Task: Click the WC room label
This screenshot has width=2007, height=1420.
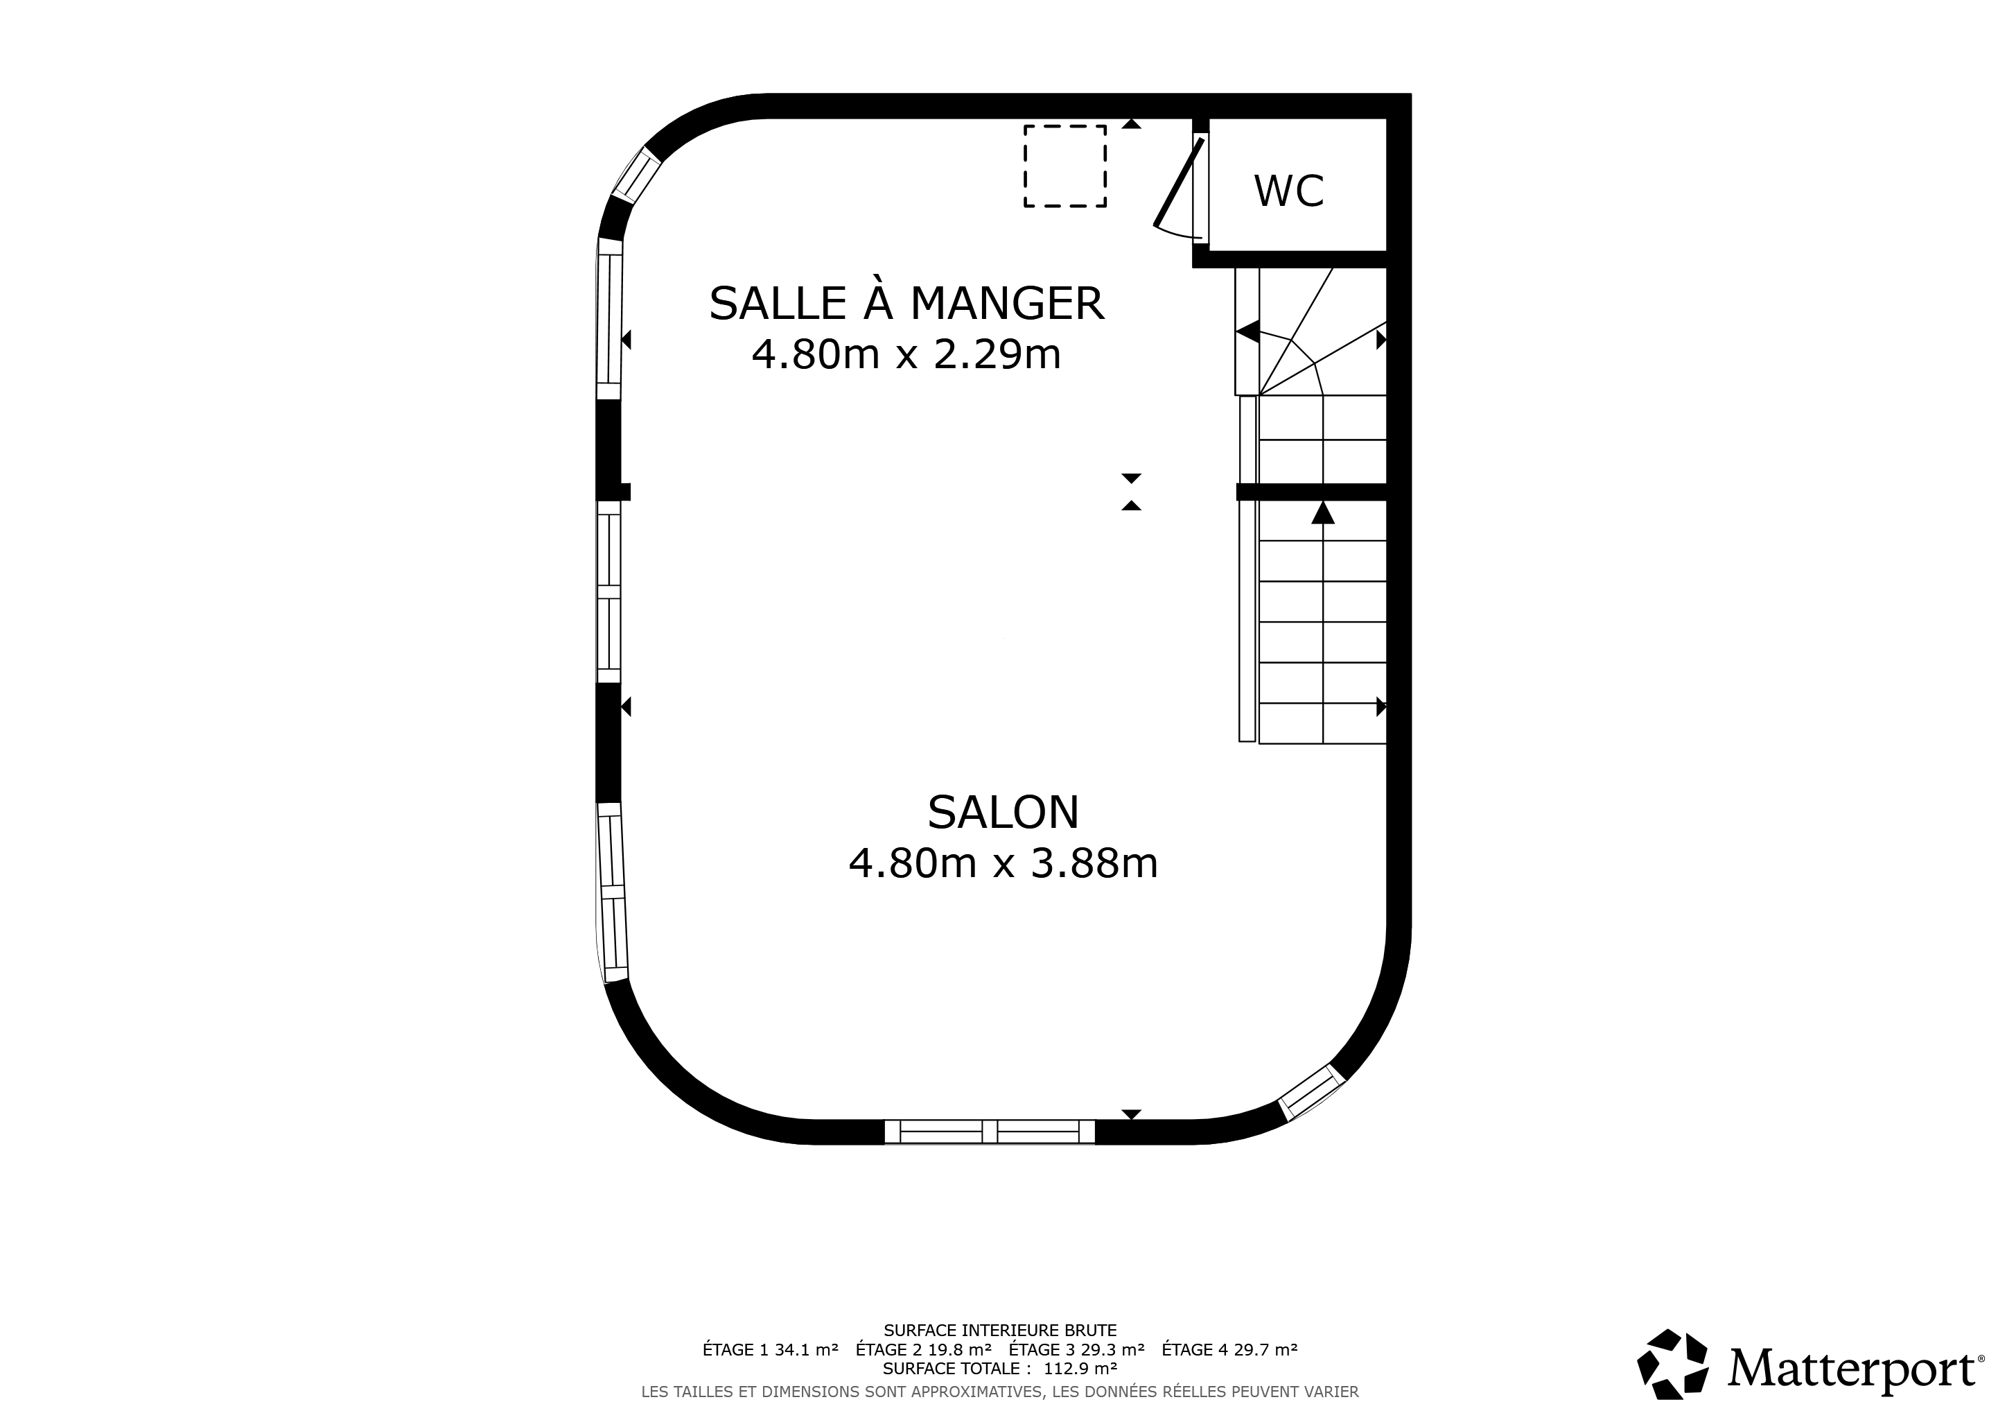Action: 1288,191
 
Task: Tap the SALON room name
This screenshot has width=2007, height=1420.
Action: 1003,813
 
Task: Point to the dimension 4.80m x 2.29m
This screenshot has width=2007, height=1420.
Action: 906,354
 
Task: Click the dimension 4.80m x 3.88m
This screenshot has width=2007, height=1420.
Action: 1003,863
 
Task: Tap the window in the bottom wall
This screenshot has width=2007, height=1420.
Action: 989,1132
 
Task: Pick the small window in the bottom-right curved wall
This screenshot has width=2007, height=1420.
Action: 1311,1092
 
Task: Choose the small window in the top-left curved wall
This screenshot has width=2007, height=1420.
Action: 636,175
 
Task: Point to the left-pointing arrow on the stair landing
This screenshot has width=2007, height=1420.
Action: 1247,332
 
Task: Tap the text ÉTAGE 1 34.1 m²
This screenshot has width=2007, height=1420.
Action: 770,1349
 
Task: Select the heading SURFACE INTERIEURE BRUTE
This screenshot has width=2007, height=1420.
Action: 1000,1331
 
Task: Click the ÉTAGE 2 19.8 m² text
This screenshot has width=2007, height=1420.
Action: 923,1349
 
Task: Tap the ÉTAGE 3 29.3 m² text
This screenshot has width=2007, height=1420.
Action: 1076,1349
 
